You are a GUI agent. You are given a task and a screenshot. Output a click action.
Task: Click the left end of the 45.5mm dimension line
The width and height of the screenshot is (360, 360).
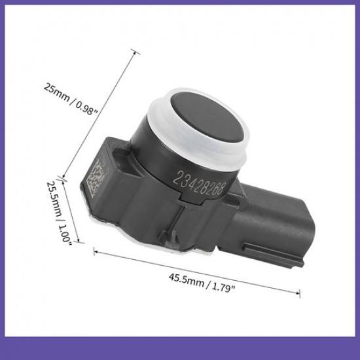pyautogui.click(x=96, y=249)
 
